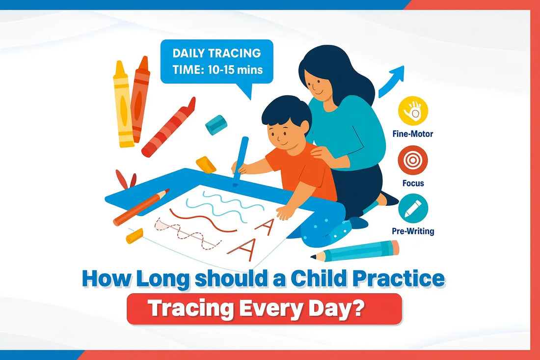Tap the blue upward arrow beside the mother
point(393,81)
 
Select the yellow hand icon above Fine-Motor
point(413,111)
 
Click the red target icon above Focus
point(413,161)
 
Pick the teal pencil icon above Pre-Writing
point(413,208)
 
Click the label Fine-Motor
point(413,133)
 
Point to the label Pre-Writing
point(413,230)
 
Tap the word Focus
point(413,183)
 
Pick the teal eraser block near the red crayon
point(216,125)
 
